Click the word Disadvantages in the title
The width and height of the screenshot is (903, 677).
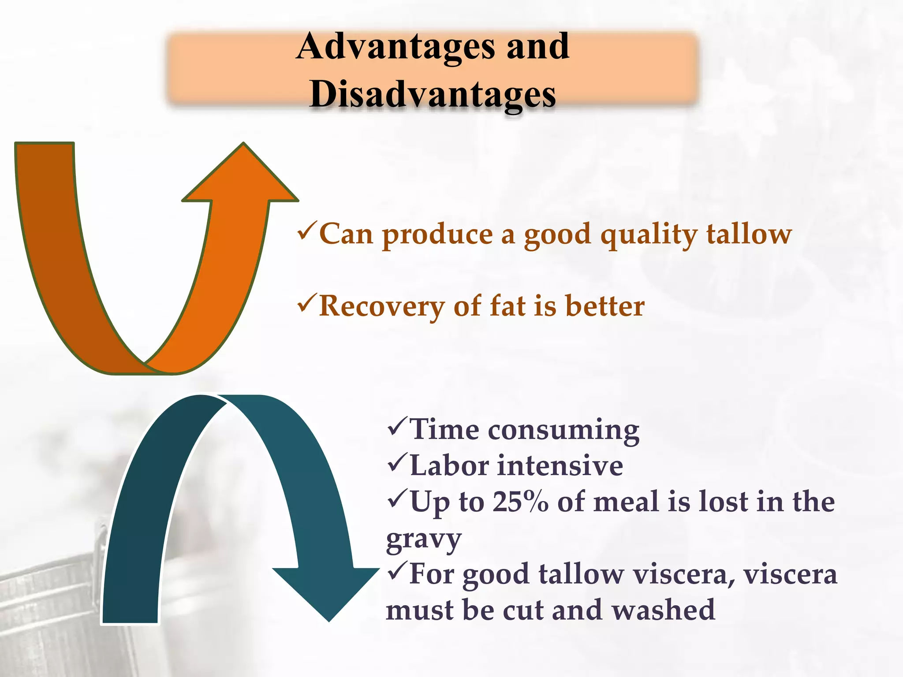pyautogui.click(x=433, y=95)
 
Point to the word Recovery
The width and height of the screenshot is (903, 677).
pyautogui.click(x=382, y=307)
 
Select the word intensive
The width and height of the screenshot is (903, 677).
pyautogui.click(x=560, y=465)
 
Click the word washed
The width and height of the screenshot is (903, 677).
pyautogui.click(x=663, y=610)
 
